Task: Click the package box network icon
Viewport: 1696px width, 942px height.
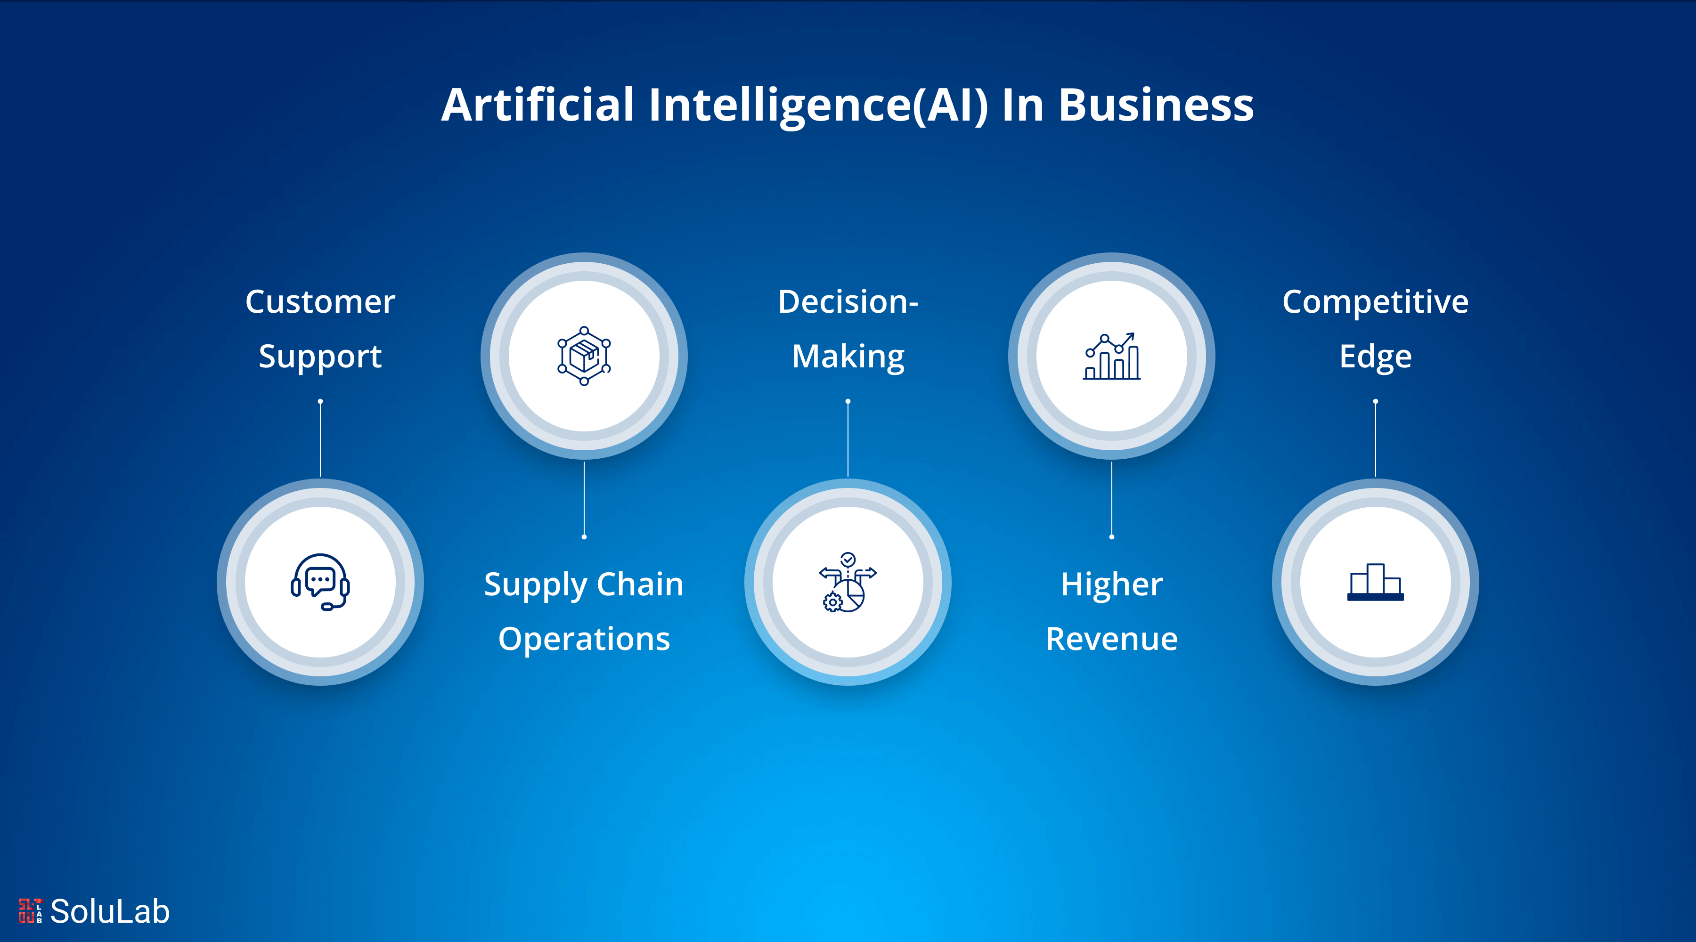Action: [x=584, y=356]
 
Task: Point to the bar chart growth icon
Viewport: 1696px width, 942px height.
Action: [x=1111, y=356]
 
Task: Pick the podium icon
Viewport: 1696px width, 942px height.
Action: [x=1375, y=582]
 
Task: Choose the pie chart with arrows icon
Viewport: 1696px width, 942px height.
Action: [x=848, y=582]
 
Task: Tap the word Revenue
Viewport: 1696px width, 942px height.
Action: [x=1111, y=639]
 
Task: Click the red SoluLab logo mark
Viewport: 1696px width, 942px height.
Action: [x=30, y=911]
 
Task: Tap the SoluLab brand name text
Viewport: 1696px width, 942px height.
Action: [x=110, y=911]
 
